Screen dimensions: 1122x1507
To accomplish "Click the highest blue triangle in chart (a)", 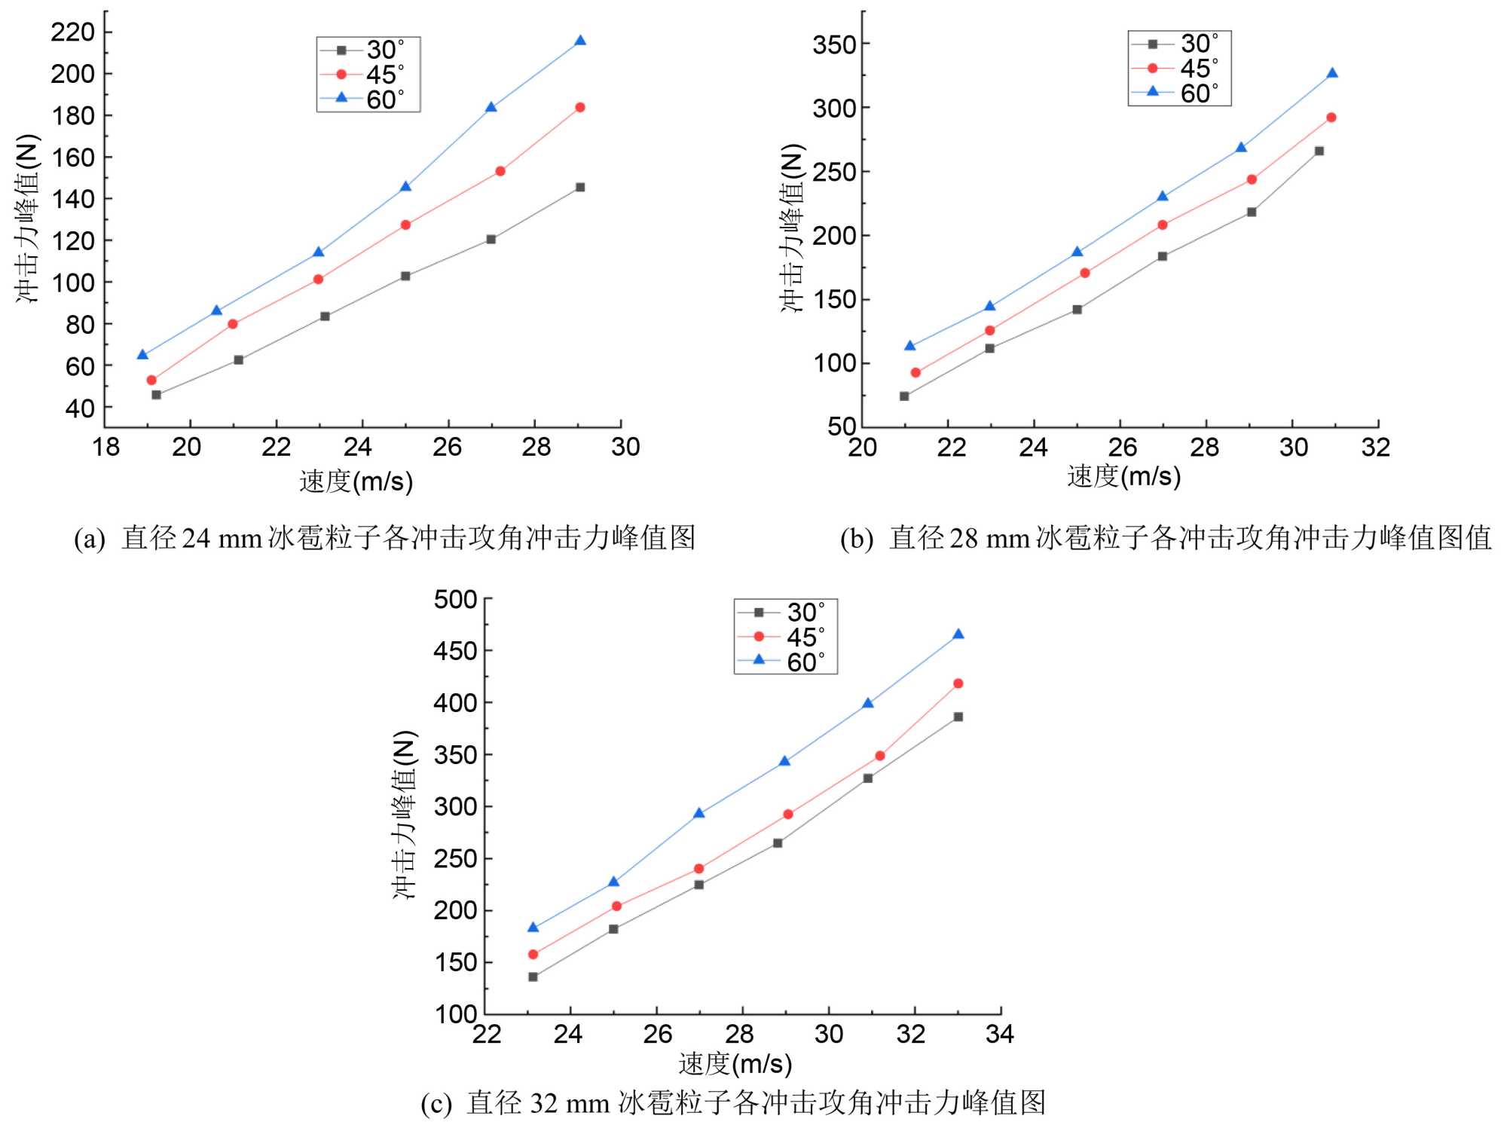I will [x=580, y=41].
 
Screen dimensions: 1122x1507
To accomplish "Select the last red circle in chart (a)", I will [x=580, y=107].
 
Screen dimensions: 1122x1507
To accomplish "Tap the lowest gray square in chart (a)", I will [x=156, y=395].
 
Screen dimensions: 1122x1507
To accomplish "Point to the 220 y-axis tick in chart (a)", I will [x=73, y=32].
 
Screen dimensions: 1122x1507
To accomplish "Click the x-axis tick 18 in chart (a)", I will [x=105, y=447].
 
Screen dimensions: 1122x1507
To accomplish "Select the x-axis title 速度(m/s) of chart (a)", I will [x=356, y=481].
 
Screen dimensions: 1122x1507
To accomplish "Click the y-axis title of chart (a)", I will [x=27, y=219].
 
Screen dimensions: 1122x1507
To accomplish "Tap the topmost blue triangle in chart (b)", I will [x=1332, y=73].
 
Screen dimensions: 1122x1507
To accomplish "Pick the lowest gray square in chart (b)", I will [x=904, y=396].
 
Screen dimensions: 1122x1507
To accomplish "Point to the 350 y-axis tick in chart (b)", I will [x=835, y=44].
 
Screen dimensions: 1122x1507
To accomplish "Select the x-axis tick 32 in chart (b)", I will [x=1376, y=447].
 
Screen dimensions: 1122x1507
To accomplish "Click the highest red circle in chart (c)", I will [x=958, y=683].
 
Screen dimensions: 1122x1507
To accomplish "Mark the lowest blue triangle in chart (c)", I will [x=533, y=928].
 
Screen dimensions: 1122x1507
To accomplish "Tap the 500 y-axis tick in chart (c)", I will [x=456, y=600].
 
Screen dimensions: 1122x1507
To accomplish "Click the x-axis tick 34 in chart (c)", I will [x=1000, y=1033].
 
